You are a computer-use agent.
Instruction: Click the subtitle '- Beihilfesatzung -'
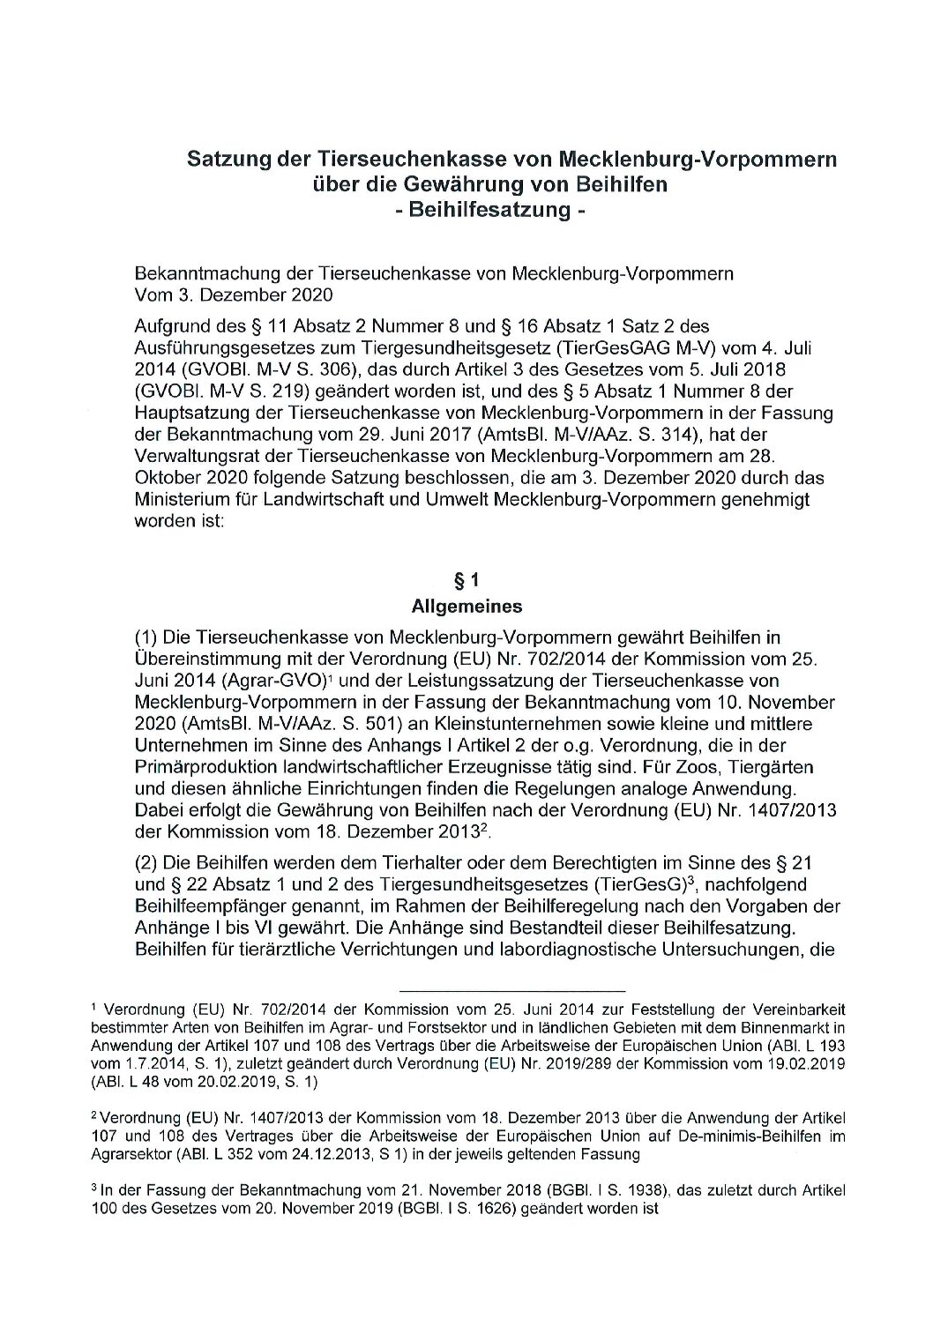click(489, 211)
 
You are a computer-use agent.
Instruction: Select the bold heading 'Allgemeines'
click(466, 607)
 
